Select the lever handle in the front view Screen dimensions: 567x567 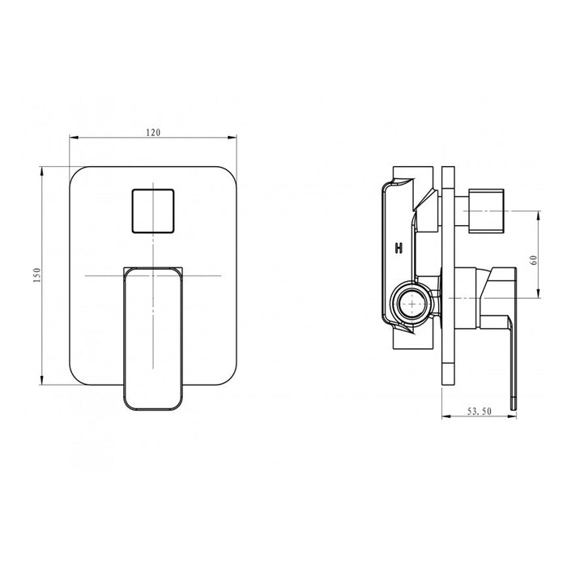click(153, 336)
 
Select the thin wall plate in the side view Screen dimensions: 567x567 click(449, 275)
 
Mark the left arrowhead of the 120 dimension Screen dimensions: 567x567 click(71, 138)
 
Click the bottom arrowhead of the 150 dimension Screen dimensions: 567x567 click(42, 382)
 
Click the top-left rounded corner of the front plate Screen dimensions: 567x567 click(76, 173)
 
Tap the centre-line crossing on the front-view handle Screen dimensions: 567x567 click(153, 276)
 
